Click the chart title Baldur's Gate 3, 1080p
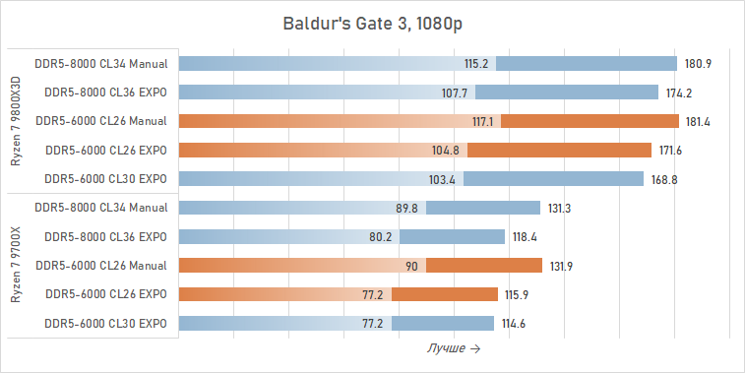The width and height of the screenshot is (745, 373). (x=372, y=23)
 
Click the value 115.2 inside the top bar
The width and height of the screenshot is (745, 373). (x=477, y=64)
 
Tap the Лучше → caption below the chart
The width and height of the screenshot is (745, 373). (x=454, y=348)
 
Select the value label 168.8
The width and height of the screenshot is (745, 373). (x=665, y=179)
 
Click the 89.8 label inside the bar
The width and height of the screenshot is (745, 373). (x=406, y=208)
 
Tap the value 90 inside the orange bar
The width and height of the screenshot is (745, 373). (x=411, y=266)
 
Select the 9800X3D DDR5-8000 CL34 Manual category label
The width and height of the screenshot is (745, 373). (x=100, y=64)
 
